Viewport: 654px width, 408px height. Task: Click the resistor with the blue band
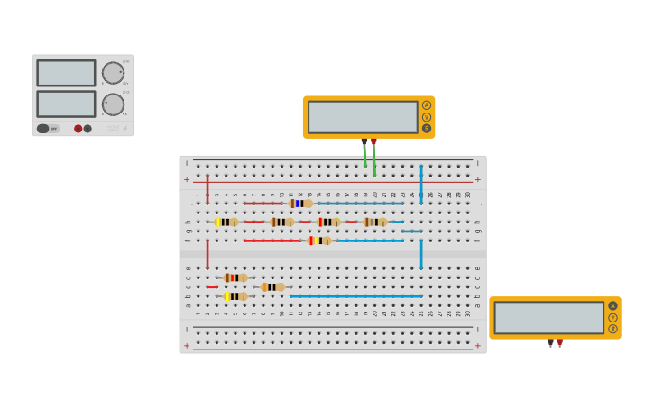[299, 204]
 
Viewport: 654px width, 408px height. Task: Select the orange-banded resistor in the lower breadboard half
[272, 287]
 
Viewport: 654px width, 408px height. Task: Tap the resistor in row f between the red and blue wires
[318, 240]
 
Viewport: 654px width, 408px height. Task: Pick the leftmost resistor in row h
[226, 222]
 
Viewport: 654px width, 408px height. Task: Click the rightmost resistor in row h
[374, 222]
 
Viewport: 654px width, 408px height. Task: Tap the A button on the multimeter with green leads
[427, 105]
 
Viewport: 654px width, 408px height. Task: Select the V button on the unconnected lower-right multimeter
[613, 317]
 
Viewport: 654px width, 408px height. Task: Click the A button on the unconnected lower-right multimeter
[613, 306]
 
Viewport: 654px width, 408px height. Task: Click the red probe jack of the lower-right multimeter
[559, 341]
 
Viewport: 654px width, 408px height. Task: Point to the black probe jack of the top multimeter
[364, 141]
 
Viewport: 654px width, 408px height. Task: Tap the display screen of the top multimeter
[363, 117]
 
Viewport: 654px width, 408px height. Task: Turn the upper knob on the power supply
[113, 73]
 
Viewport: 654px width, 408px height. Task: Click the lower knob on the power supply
[113, 104]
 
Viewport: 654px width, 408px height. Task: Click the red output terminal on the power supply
[78, 129]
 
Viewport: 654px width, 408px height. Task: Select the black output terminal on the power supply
[88, 129]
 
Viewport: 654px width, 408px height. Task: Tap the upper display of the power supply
[66, 73]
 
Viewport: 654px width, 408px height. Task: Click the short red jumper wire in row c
[211, 287]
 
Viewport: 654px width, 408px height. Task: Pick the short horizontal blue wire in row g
[411, 231]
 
